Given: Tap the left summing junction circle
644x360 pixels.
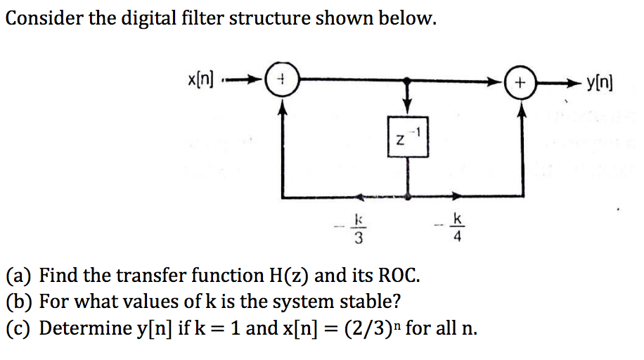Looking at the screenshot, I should (282, 82).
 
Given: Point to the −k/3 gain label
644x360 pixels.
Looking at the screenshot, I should (356, 229).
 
